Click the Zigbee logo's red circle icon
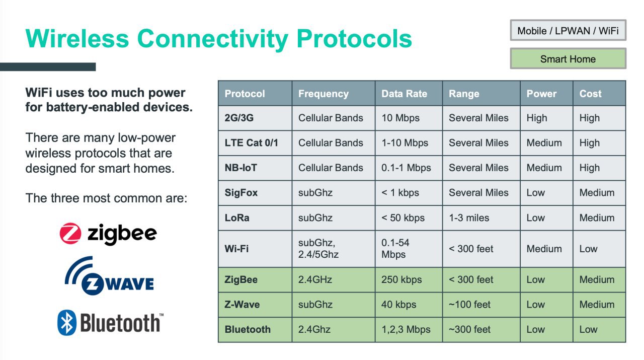(x=70, y=234)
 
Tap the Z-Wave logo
(x=109, y=276)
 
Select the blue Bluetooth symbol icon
(x=67, y=323)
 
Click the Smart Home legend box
(x=568, y=59)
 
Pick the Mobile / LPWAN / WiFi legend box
(x=568, y=30)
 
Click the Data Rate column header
(x=404, y=94)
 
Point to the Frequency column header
(x=324, y=94)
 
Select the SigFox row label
(x=241, y=192)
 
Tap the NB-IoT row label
(x=240, y=168)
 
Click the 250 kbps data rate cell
(x=401, y=279)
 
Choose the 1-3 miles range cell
(x=469, y=218)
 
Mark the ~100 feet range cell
(x=469, y=304)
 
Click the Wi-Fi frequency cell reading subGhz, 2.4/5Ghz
(x=318, y=249)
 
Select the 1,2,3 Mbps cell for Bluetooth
(x=406, y=329)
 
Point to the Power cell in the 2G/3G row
(x=536, y=118)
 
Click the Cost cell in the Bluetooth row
(x=588, y=329)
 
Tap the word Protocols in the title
(x=354, y=39)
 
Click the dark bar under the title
(x=48, y=67)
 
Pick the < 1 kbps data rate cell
(x=400, y=192)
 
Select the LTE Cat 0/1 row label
(x=251, y=142)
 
